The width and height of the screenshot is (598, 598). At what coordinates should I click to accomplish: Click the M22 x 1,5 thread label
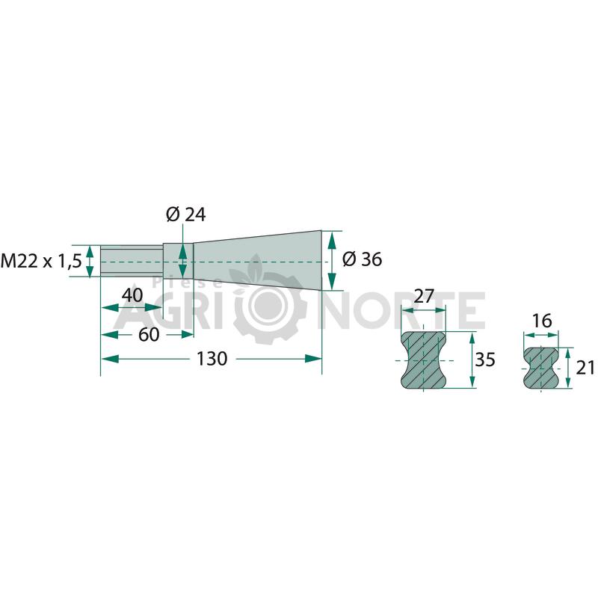point(41,261)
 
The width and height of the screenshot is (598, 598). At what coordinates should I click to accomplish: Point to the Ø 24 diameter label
point(185,215)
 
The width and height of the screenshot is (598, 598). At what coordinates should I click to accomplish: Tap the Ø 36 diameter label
point(362,259)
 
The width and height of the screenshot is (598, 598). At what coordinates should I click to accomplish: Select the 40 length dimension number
point(132,295)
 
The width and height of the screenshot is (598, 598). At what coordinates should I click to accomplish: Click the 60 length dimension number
point(149,335)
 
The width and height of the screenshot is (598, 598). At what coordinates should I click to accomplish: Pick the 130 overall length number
point(212,359)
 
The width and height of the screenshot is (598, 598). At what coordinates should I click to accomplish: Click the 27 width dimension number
point(424,296)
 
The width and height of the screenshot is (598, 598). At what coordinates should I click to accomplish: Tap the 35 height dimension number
point(484,360)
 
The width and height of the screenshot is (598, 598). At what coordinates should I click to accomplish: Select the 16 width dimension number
point(541,321)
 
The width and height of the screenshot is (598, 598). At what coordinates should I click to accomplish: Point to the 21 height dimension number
point(585,368)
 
